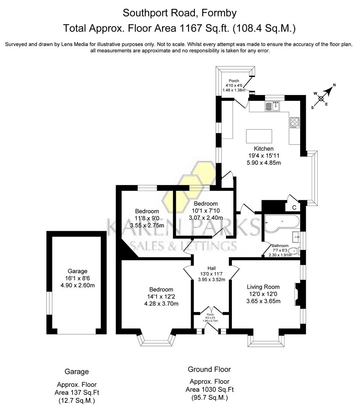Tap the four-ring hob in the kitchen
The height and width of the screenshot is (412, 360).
(x=294, y=122)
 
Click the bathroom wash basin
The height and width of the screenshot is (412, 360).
(x=296, y=237)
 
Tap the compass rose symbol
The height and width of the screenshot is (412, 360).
(x=321, y=98)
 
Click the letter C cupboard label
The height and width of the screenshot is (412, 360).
(x=294, y=208)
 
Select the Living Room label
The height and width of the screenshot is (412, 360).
(x=263, y=287)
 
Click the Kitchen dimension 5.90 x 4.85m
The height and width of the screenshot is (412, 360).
(x=264, y=162)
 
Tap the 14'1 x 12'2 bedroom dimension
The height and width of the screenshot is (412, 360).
(x=161, y=296)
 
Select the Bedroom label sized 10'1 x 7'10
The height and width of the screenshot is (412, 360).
(x=206, y=204)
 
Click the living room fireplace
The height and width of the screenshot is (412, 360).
(x=298, y=294)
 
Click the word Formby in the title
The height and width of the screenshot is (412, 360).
(x=220, y=13)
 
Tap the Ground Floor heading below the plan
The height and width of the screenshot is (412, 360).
(x=209, y=369)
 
